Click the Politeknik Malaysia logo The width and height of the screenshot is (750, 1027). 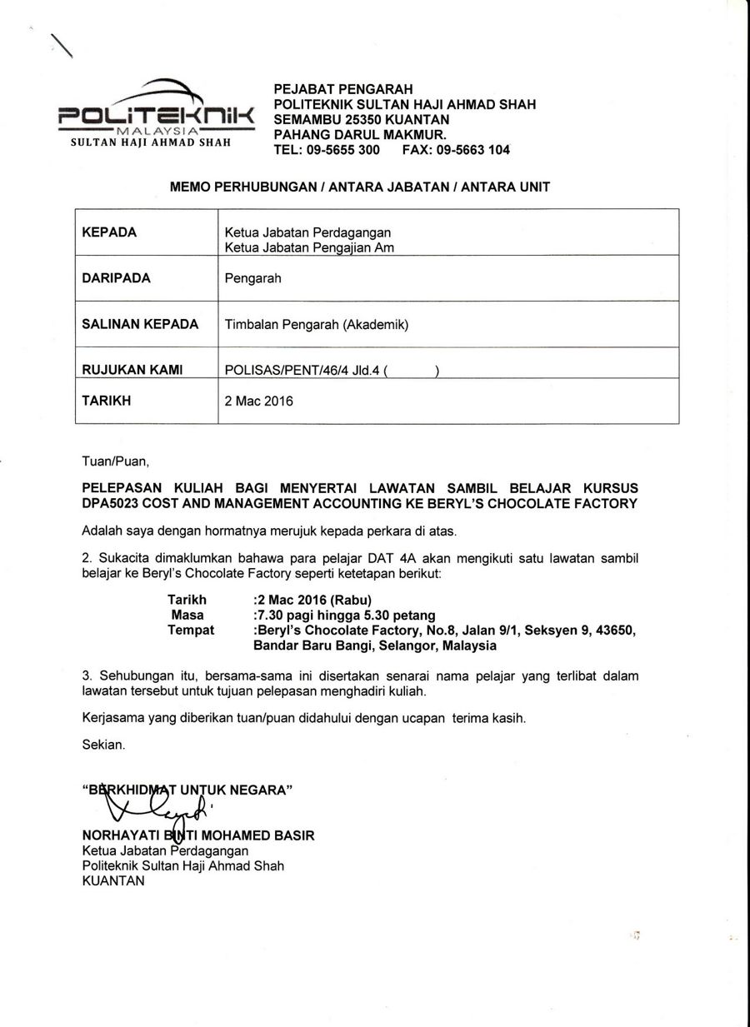(x=155, y=112)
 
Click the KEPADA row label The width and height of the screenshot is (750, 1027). (x=109, y=232)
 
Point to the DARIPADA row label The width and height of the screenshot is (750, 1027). (x=117, y=278)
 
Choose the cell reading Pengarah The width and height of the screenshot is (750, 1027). (x=253, y=278)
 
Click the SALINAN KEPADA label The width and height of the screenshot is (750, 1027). (x=140, y=324)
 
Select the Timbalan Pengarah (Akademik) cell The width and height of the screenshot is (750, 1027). (x=317, y=325)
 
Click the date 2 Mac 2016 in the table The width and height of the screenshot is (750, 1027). (x=259, y=401)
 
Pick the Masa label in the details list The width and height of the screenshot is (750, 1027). (x=187, y=615)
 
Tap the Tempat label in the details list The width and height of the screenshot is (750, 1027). (x=191, y=630)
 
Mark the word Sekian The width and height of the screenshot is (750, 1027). (x=103, y=745)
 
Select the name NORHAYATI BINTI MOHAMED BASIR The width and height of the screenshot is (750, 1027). (x=198, y=835)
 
